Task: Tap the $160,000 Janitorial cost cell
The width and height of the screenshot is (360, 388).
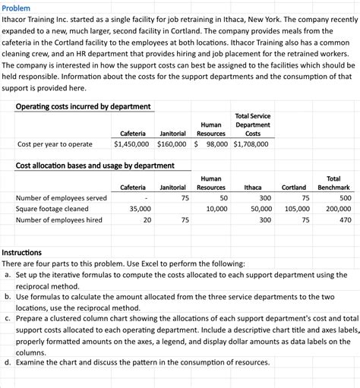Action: pos(173,143)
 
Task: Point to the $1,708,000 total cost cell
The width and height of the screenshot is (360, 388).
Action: pos(251,143)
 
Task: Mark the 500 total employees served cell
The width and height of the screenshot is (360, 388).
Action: pos(345,197)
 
